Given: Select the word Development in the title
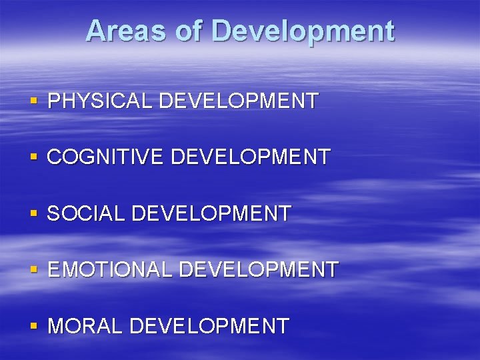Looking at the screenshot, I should tap(304, 31).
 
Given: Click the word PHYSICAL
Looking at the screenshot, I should tap(101, 101).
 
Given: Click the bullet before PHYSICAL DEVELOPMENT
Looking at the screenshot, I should tap(34, 102).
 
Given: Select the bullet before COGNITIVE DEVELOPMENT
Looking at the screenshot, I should tap(34, 158).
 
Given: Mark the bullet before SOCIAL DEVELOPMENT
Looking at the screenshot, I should tap(34, 215).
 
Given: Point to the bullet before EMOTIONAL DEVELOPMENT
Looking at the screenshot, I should tap(34, 271).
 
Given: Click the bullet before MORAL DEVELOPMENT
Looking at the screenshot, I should tap(34, 327).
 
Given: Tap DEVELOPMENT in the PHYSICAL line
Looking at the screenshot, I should tap(239, 101).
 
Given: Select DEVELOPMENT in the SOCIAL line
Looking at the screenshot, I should tap(212, 214).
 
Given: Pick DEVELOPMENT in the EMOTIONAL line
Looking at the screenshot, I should tap(259, 270).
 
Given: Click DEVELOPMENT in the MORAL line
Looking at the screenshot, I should tap(209, 327).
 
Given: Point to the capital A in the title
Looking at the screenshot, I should tap(96, 31).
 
